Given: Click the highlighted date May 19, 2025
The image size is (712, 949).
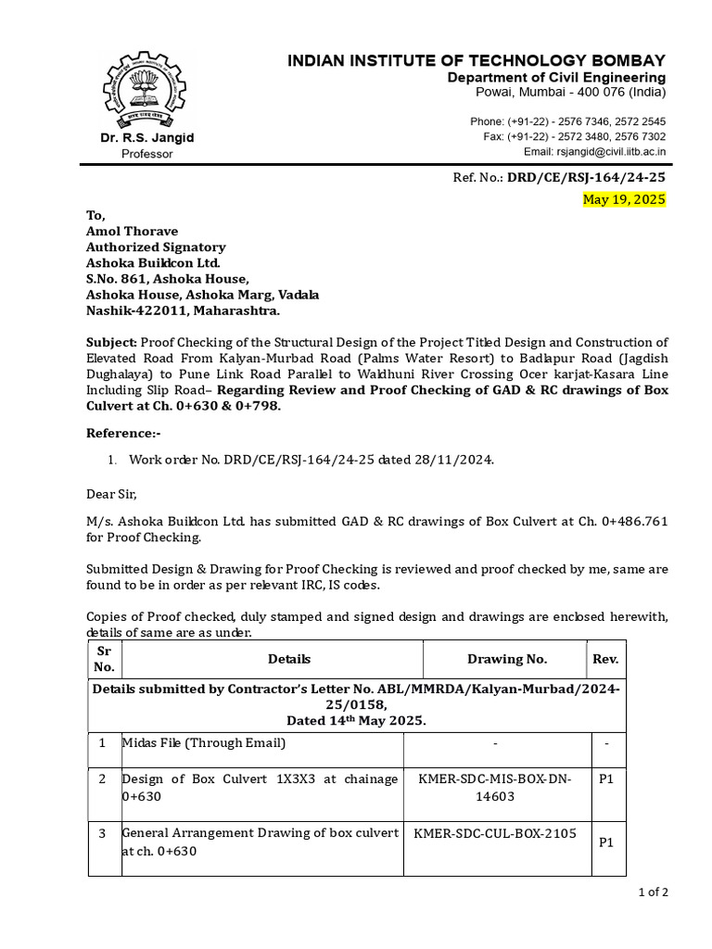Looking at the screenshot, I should (623, 199).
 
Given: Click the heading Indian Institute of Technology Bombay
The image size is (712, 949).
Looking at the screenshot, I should (476, 60).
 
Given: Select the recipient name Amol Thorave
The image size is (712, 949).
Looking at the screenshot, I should (133, 231).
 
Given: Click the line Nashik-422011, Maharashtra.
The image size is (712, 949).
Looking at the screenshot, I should (183, 310).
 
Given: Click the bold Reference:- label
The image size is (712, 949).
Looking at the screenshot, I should (123, 433).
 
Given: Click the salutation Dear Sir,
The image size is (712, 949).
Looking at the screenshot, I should (117, 495).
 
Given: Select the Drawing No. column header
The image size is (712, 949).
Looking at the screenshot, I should (507, 659).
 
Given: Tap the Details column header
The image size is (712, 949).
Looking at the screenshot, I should (289, 659).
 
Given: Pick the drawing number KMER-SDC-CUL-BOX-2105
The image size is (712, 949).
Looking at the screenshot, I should (495, 833).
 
